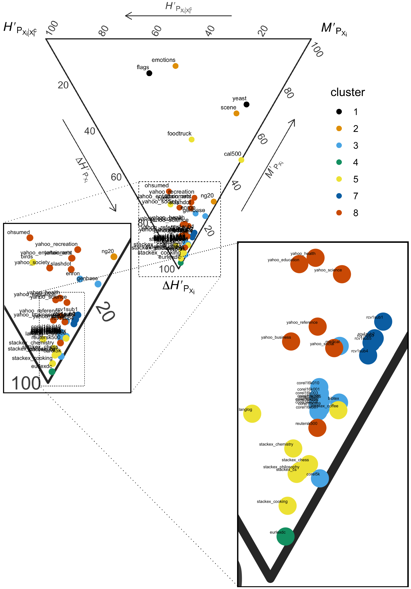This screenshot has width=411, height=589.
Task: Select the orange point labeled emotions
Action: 175,66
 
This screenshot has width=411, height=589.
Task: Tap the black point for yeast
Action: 246,104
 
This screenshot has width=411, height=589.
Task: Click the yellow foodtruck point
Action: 191,140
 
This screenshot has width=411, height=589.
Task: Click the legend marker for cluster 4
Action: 339,162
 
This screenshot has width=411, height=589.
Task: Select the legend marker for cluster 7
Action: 339,196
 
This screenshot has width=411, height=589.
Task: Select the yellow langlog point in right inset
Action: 252,414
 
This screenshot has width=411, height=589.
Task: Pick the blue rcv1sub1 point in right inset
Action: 383,322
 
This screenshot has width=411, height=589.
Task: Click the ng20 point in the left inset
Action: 114,257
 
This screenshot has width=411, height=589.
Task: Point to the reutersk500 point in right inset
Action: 317,428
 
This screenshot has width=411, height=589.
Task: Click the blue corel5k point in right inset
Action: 320,478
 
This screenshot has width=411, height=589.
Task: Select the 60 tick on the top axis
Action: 156,31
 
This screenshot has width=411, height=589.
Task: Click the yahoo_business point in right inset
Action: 291,341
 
